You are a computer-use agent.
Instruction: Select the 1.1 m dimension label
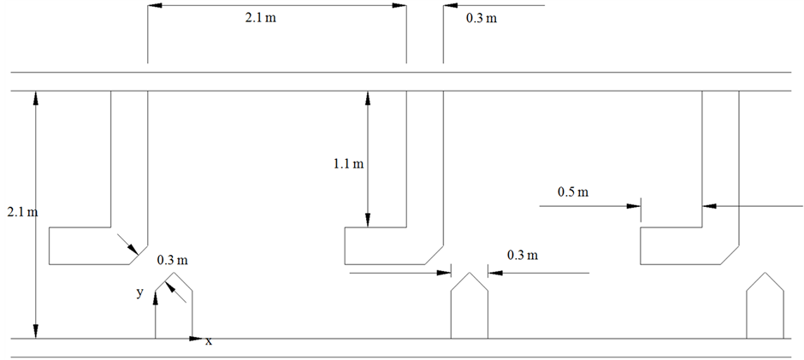[348, 162]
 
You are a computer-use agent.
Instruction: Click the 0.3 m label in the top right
[481, 17]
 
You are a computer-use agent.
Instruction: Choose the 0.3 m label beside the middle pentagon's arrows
[522, 255]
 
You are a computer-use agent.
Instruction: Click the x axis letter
[208, 341]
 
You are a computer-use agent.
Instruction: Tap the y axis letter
[139, 292]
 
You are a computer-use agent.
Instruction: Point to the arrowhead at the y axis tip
[155, 295]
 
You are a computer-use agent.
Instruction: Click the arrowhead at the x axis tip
[197, 339]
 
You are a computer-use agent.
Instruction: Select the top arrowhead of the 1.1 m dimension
[368, 97]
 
